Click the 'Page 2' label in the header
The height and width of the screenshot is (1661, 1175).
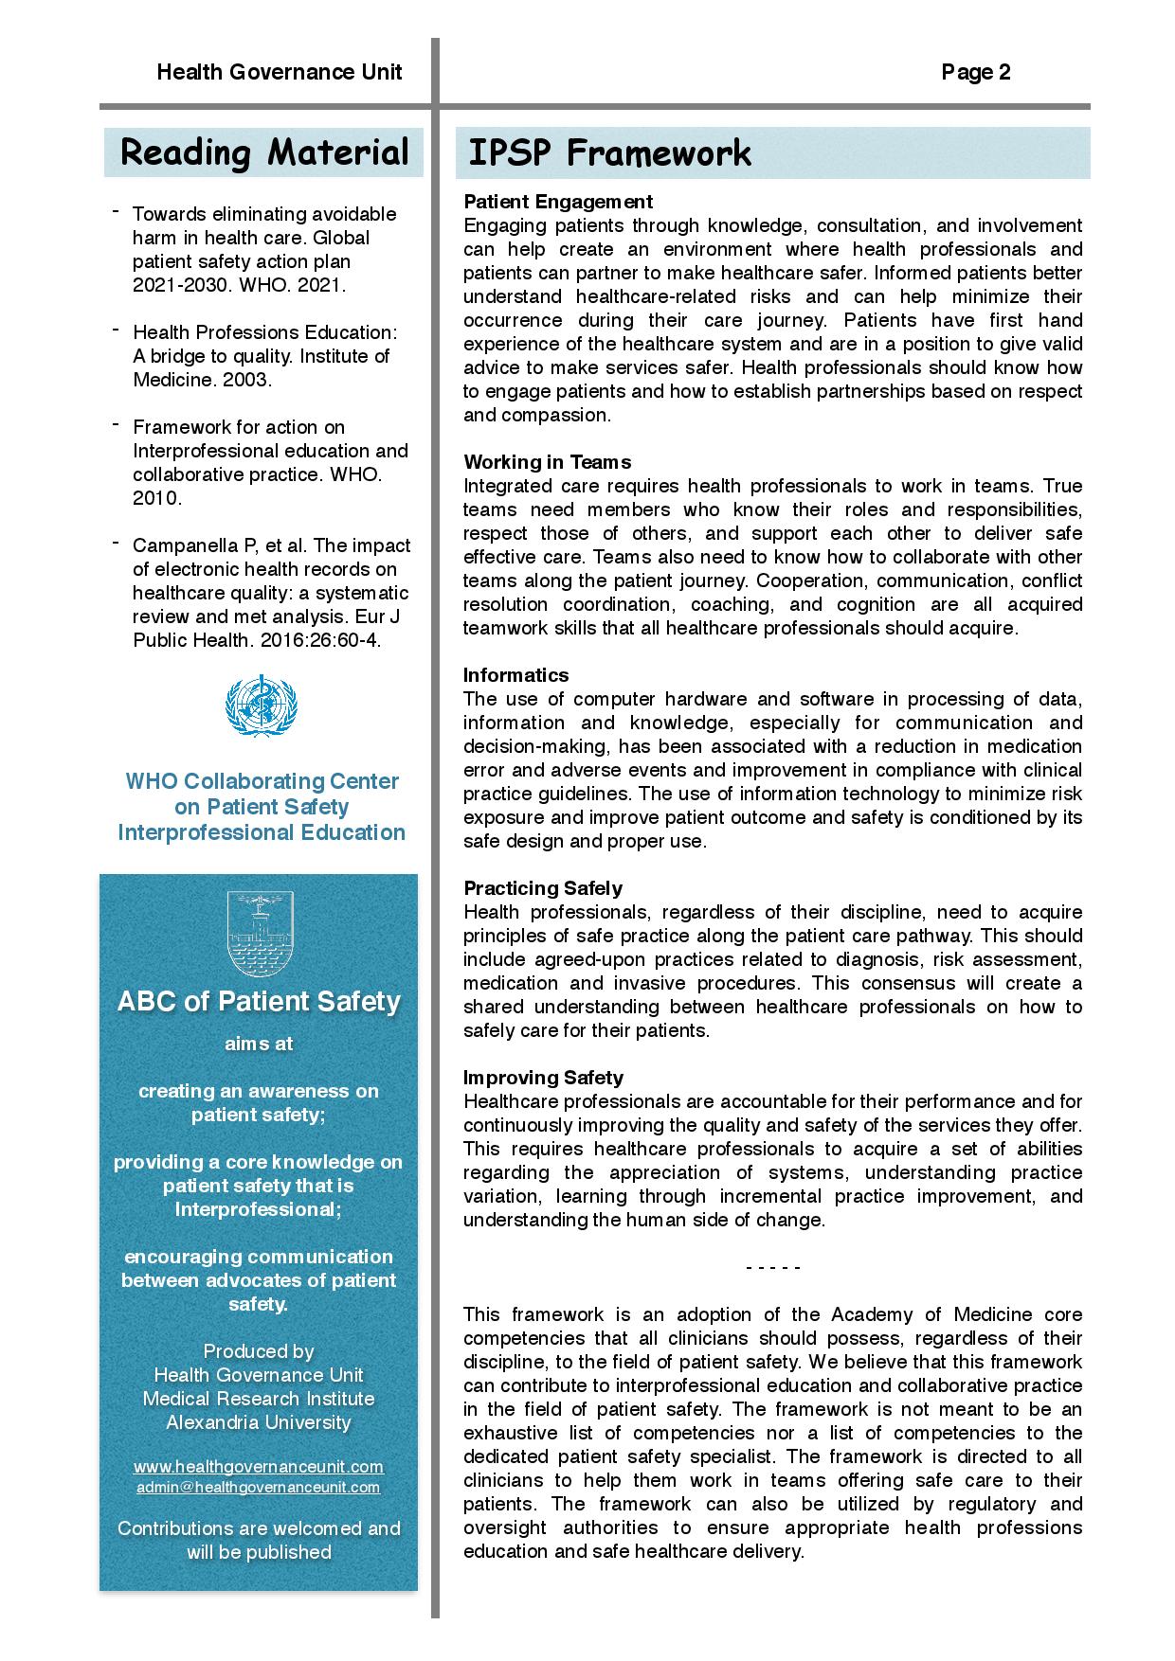[x=975, y=73]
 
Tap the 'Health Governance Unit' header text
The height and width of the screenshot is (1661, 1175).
[x=279, y=73]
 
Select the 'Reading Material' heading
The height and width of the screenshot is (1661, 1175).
[x=264, y=152]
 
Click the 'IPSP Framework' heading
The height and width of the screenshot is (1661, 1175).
[x=609, y=152]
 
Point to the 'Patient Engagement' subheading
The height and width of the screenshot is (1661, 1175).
[x=558, y=202]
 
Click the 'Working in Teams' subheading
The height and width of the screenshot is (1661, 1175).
[x=547, y=462]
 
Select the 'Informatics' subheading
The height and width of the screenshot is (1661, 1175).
[x=515, y=675]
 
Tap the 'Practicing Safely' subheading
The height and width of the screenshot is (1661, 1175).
[x=542, y=888]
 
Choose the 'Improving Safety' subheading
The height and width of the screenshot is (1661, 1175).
[x=543, y=1078]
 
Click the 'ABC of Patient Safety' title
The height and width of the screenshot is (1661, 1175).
[x=259, y=1002]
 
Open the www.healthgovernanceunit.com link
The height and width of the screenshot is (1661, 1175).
[x=259, y=1467]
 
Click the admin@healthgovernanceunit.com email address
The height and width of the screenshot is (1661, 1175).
[x=259, y=1488]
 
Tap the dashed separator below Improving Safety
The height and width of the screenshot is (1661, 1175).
[x=773, y=1268]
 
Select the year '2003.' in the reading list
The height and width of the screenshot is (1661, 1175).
[x=249, y=380]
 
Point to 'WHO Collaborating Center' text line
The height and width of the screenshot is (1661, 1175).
[x=262, y=781]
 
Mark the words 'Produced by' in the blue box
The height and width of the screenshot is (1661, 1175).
[x=259, y=1351]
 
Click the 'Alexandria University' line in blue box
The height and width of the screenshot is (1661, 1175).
[x=259, y=1422]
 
